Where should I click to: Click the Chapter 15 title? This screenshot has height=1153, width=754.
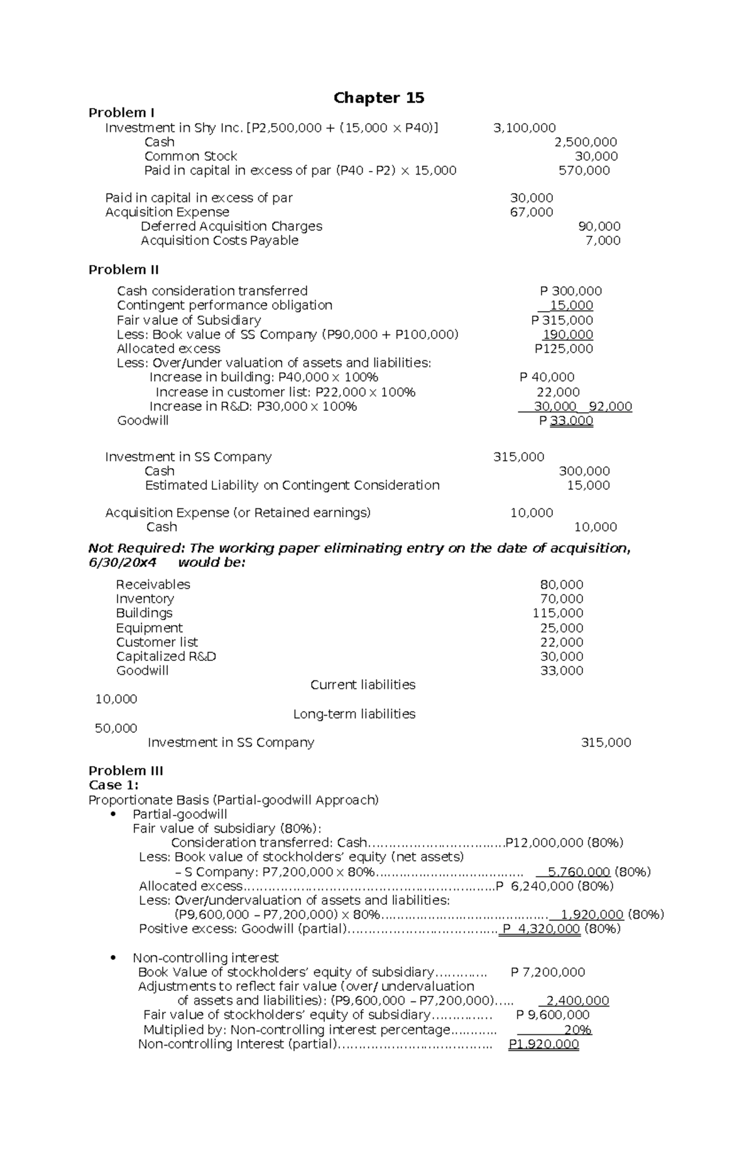pos(378,98)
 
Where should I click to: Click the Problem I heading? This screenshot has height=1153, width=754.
pos(121,113)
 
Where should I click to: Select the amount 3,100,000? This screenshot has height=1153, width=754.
pos(524,128)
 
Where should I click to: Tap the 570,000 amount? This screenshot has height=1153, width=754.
pos(584,171)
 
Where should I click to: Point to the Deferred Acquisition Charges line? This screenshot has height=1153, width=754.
pos(231,226)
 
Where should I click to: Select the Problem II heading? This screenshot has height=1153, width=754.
pos(123,270)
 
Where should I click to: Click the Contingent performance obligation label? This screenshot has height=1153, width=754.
pos(224,305)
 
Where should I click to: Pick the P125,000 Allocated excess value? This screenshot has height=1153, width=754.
pos(564,349)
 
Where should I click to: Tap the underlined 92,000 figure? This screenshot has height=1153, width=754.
pos(610,407)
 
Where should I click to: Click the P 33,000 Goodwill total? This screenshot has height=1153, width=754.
pos(565,421)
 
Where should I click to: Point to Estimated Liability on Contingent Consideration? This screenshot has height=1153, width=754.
pos(292,486)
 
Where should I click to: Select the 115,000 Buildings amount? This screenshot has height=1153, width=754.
pos(557,613)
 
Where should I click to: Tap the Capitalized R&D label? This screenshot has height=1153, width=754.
pos(166,657)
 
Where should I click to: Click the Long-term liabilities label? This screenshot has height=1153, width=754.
pos(354,714)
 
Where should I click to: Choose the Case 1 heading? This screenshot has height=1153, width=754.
pos(113,785)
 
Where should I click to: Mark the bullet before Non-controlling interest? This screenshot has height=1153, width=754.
pos(113,958)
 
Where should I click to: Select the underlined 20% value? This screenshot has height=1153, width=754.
pos(577,1030)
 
